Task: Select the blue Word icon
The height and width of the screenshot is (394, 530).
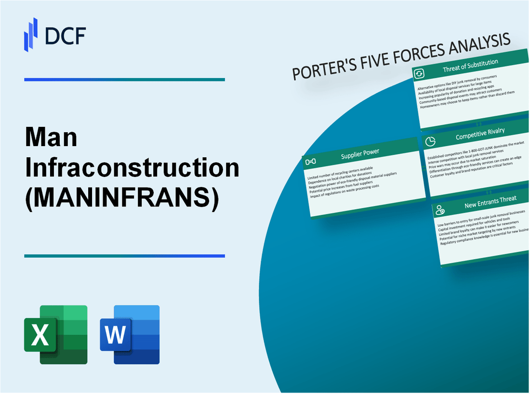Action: (x=130, y=334)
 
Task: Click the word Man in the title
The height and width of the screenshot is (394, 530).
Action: (x=51, y=138)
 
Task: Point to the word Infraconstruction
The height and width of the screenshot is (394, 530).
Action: (x=132, y=167)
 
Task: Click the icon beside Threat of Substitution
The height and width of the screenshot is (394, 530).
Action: (x=419, y=74)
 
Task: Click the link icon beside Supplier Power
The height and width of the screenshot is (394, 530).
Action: (x=311, y=161)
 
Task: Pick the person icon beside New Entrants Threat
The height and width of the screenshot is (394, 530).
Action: (x=440, y=209)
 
